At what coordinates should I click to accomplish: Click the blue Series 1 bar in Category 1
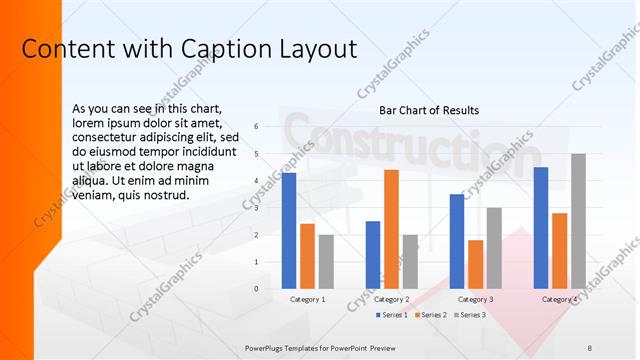(289, 230)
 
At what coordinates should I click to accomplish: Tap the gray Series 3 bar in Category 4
(578, 221)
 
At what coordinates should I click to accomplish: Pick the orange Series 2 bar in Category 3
(475, 264)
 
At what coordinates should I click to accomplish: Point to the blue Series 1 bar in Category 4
(541, 227)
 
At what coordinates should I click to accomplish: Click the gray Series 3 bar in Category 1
(326, 261)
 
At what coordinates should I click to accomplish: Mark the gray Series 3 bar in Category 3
(494, 248)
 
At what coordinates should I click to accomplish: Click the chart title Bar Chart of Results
(429, 110)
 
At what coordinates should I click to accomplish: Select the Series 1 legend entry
(392, 315)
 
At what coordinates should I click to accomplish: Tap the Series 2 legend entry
(430, 315)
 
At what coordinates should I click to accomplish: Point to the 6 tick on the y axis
(257, 127)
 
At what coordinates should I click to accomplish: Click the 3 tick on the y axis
(257, 208)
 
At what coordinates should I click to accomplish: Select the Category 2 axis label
(391, 299)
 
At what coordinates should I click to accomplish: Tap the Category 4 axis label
(560, 299)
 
